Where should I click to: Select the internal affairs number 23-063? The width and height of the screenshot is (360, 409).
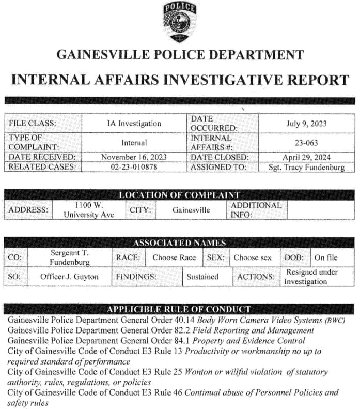pyautogui.click(x=306, y=143)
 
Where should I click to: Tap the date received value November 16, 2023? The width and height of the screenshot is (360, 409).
pyautogui.click(x=134, y=157)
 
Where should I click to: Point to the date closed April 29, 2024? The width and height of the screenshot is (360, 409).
pyautogui.click(x=306, y=157)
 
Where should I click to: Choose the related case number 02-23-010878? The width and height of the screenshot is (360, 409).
pyautogui.click(x=134, y=167)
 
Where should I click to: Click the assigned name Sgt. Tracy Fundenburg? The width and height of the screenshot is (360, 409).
pyautogui.click(x=306, y=168)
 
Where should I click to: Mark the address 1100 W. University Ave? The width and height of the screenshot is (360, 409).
pyautogui.click(x=89, y=209)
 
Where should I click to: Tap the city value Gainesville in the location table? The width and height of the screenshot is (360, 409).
pyautogui.click(x=191, y=210)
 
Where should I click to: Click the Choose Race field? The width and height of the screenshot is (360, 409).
pyautogui.click(x=174, y=257)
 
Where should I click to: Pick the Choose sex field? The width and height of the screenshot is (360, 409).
pyautogui.click(x=252, y=257)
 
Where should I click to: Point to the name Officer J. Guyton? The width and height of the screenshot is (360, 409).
pyautogui.click(x=69, y=277)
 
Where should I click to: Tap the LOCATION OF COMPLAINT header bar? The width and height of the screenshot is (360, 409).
pyautogui.click(x=179, y=195)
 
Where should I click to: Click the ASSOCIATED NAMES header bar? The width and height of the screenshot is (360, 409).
pyautogui.click(x=179, y=243)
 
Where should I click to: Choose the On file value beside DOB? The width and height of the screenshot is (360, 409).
pyautogui.click(x=326, y=257)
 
